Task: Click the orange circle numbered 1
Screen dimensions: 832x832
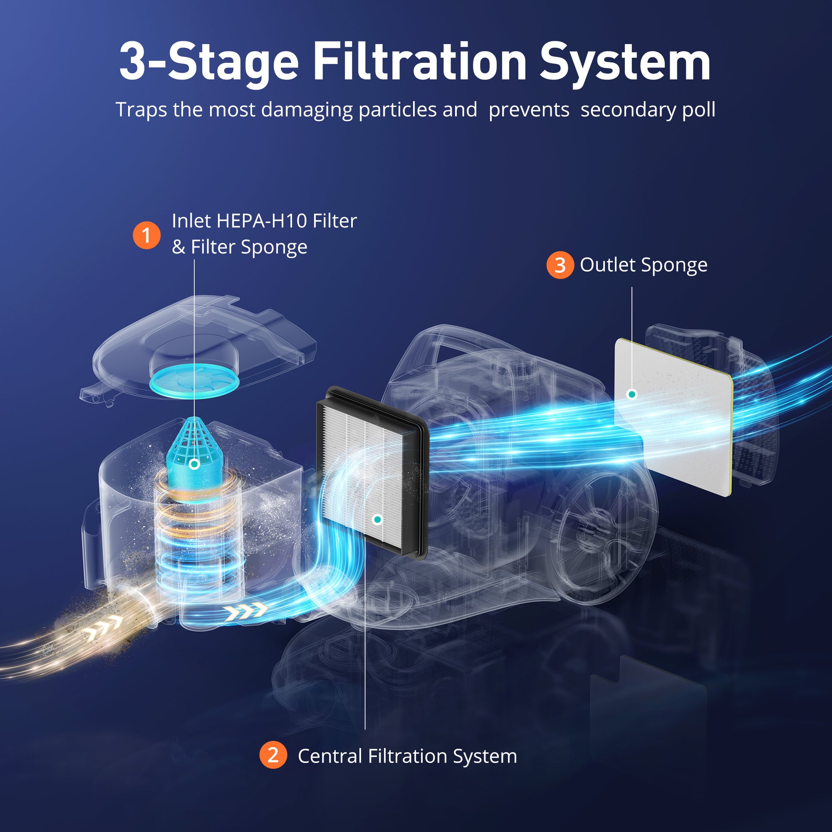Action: tap(146, 235)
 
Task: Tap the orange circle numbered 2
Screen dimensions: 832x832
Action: tap(273, 755)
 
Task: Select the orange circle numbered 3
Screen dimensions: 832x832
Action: tap(560, 265)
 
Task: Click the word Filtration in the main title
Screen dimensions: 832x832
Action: tap(419, 62)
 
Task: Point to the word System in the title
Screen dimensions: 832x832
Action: tap(625, 64)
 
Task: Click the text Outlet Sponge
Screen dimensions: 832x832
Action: tap(644, 265)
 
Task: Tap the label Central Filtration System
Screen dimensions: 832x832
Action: tap(407, 756)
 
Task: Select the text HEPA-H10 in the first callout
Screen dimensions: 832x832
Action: tap(261, 221)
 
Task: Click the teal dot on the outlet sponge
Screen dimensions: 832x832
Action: tap(632, 394)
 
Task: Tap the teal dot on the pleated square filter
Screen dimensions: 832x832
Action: tap(377, 520)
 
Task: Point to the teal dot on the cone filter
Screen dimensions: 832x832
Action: tap(194, 464)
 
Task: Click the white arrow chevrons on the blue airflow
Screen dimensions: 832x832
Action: tap(245, 612)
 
